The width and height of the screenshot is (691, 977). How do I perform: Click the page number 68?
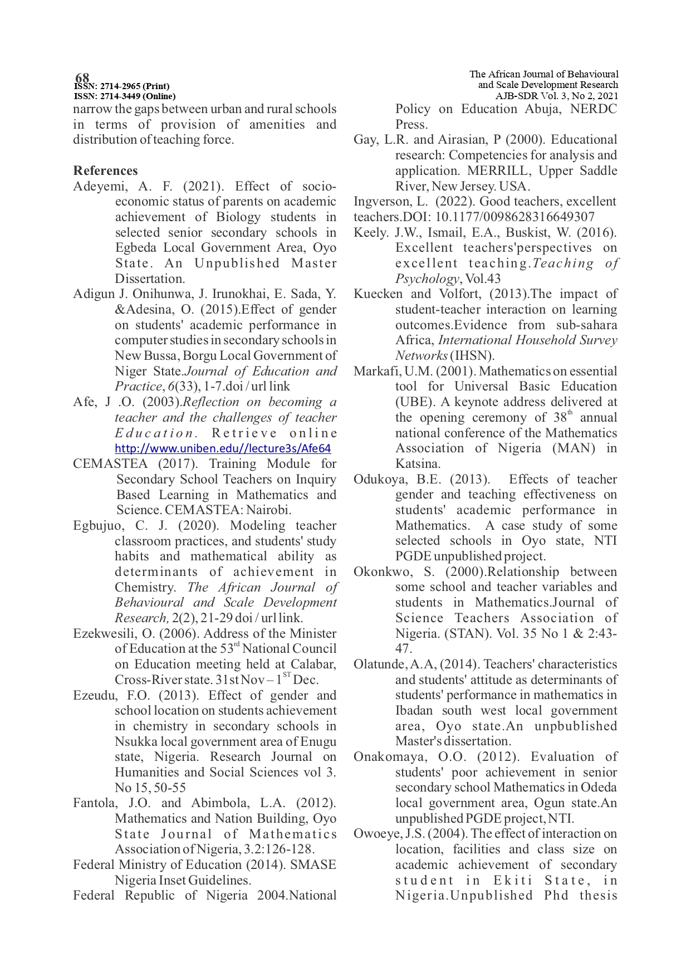[x=82, y=77]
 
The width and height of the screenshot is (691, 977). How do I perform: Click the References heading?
[x=105, y=170]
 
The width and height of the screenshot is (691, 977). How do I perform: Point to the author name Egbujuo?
[x=94, y=525]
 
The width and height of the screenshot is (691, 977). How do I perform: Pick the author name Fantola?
[x=93, y=803]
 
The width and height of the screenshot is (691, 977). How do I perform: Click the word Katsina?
[x=417, y=463]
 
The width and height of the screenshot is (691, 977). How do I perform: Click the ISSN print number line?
[x=121, y=86]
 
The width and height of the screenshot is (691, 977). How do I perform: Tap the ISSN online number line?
[x=125, y=96]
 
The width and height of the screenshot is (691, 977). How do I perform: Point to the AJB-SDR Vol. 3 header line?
[x=557, y=95]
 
